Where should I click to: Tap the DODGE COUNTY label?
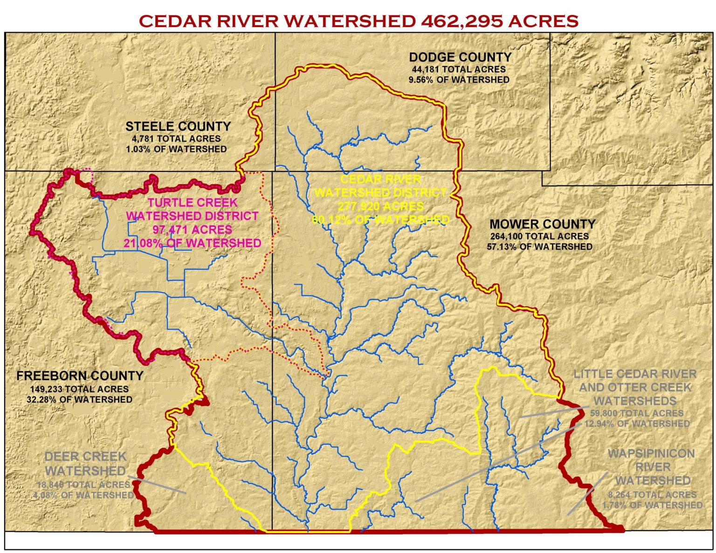[460, 57]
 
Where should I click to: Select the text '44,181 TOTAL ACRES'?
[458, 69]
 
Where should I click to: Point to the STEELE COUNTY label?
[178, 126]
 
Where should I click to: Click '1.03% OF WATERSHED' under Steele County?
[176, 149]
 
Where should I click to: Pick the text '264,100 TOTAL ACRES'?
[539, 236]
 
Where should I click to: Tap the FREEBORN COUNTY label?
[80, 375]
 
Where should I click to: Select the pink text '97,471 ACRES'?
[192, 230]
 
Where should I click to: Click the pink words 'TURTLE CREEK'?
[193, 203]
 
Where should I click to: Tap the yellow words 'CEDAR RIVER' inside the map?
[380, 179]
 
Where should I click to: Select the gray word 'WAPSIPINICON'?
[651, 454]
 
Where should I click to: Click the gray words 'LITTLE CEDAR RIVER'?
[635, 374]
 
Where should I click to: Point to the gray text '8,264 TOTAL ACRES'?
[652, 495]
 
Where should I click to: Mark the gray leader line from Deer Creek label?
[158, 485]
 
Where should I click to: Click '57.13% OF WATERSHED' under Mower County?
[539, 246]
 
